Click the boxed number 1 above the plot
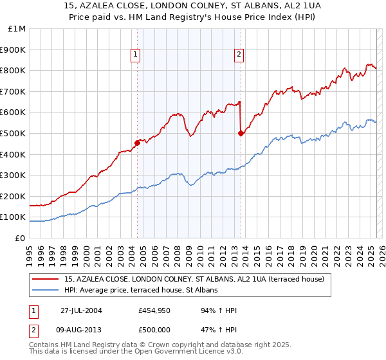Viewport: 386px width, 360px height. click(x=136, y=55)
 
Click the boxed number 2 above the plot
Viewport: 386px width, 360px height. click(x=239, y=55)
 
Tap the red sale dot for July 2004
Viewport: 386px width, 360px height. click(x=138, y=142)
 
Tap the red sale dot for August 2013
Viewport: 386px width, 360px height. click(x=241, y=133)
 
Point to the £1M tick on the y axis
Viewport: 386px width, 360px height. click(x=17, y=29)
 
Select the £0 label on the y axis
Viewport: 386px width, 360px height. click(x=20, y=238)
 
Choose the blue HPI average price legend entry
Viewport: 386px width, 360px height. click(x=142, y=291)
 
